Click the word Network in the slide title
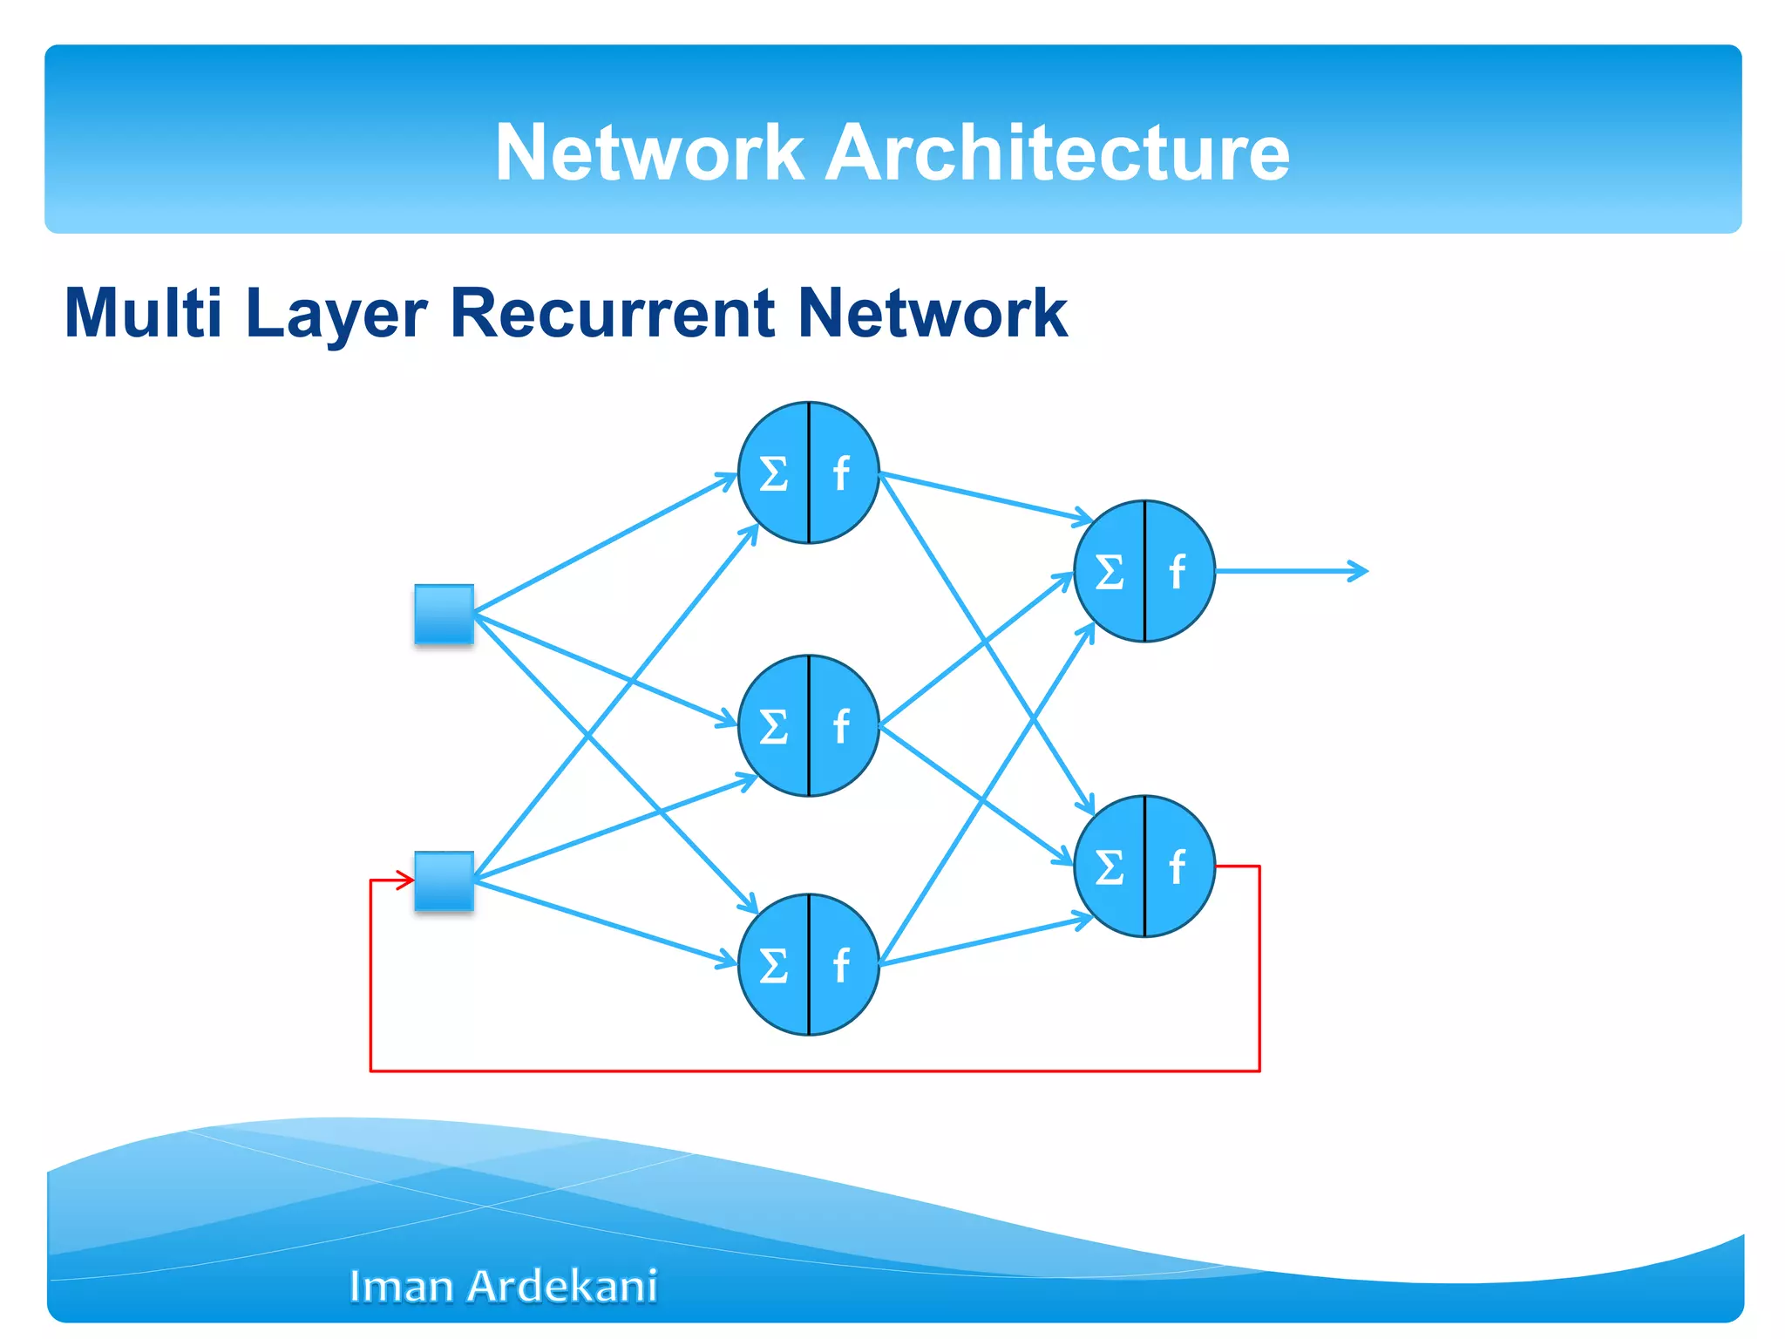coord(648,153)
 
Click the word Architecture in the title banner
coord(1056,153)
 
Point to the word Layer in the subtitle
coord(336,314)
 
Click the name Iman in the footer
coord(401,1286)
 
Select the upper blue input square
coord(444,614)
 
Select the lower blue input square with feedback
coord(444,880)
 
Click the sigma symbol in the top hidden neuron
coord(773,474)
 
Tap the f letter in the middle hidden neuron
coord(840,725)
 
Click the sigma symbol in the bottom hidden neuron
coord(773,966)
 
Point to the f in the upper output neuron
coord(1177,572)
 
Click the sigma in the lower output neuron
coord(1109,867)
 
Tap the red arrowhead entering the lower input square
coord(407,880)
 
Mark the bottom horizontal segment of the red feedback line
coord(811,1070)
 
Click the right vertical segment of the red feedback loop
coord(1259,968)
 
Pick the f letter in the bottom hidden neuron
coord(840,965)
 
